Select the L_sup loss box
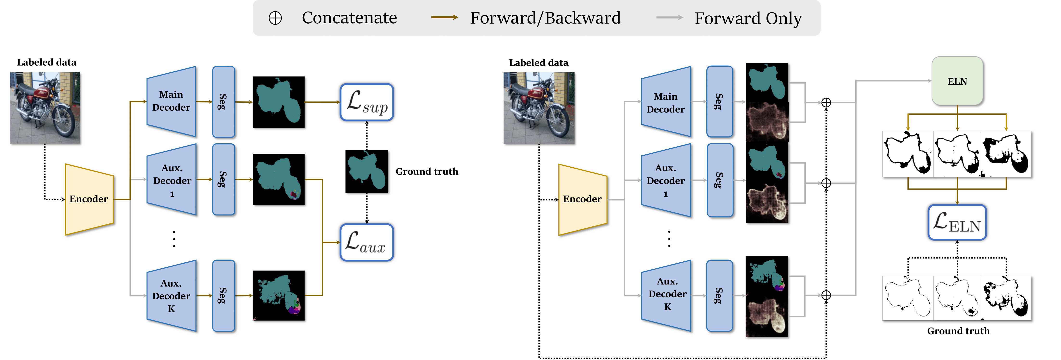[x=367, y=102]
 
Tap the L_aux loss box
[x=367, y=242]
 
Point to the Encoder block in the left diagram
[x=89, y=199]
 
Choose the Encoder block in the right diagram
[x=583, y=199]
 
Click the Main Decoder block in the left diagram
[x=171, y=101]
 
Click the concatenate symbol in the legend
[x=275, y=18]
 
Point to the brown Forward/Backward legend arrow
[x=444, y=17]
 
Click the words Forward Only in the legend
[x=748, y=18]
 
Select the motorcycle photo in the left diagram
[x=45, y=108]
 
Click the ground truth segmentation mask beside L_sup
[x=367, y=171]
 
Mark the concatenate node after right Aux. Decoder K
[x=826, y=295]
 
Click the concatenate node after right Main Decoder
[x=826, y=102]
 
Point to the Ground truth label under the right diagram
[x=958, y=331]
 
